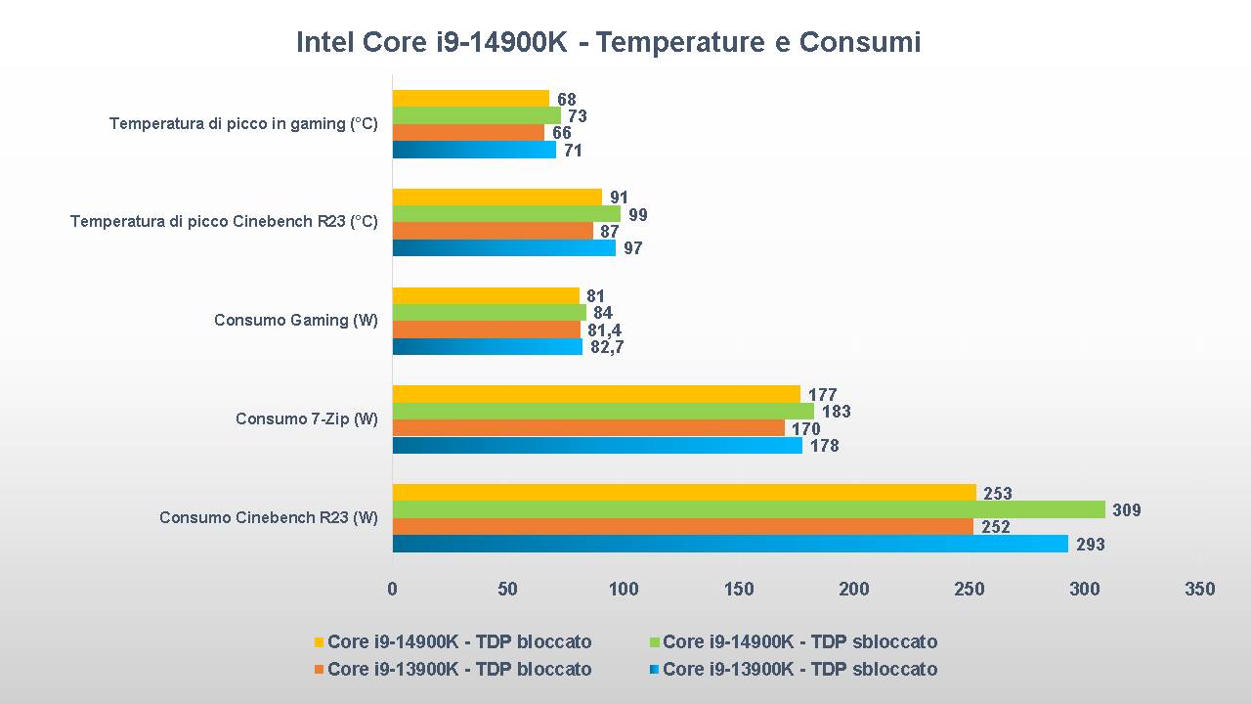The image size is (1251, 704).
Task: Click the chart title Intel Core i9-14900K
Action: point(608,42)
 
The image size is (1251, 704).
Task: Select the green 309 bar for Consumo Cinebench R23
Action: point(749,509)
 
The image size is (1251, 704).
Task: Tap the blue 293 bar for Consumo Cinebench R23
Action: point(730,544)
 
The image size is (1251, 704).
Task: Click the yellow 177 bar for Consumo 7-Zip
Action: point(596,394)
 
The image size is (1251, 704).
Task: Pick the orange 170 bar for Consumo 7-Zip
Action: point(588,428)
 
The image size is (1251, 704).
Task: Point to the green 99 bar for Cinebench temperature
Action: point(506,214)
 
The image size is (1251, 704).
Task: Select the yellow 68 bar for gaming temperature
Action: point(471,99)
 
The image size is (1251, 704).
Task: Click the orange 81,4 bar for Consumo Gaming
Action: point(487,330)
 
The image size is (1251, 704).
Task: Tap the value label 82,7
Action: point(607,347)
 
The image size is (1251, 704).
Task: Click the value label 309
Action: point(1126,510)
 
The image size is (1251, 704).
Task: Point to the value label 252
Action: point(995,527)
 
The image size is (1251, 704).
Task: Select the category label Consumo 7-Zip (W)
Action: point(307,419)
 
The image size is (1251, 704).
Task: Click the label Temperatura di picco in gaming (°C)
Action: point(243,124)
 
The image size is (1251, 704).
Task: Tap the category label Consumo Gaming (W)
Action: point(296,321)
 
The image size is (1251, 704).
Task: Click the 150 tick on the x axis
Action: point(739,589)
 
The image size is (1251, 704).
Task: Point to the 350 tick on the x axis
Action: point(1199,589)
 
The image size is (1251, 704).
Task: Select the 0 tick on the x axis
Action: point(393,589)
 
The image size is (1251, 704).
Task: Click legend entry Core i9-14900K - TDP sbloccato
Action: point(799,642)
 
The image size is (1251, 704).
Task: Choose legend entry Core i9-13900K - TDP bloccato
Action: point(459,670)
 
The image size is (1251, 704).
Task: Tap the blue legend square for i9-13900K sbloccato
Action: point(655,670)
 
